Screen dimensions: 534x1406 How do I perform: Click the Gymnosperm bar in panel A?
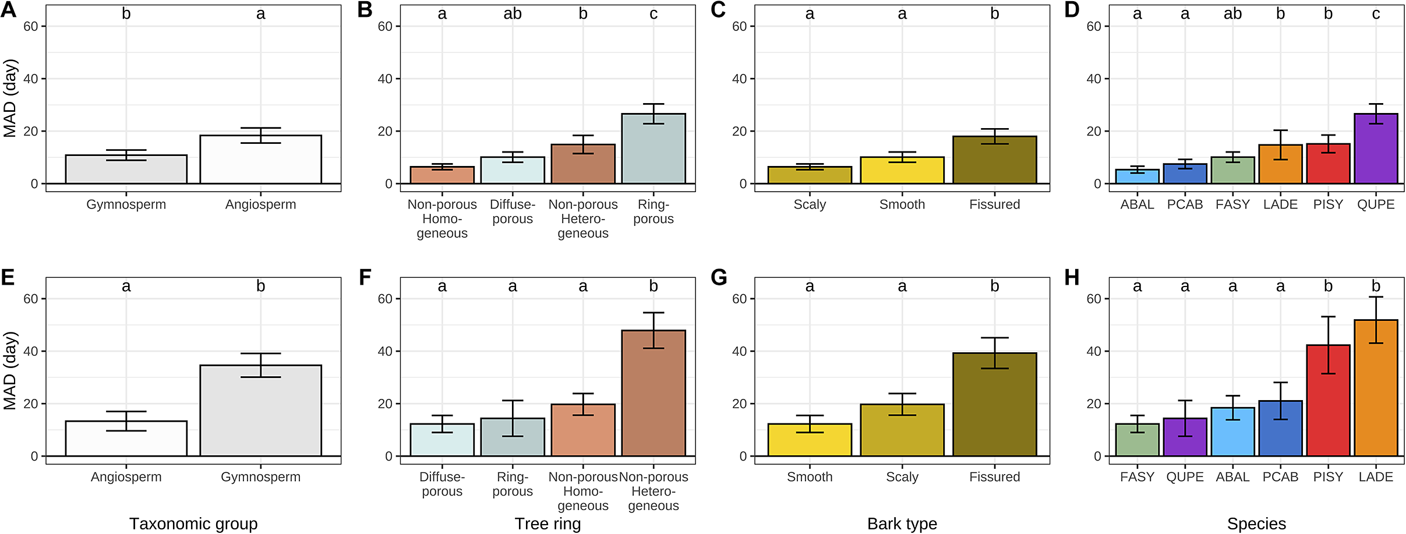coord(126,169)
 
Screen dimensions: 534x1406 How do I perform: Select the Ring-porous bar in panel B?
coord(653,149)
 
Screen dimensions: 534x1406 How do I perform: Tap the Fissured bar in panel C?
coord(994,160)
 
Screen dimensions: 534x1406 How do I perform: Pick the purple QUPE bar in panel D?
coord(1376,149)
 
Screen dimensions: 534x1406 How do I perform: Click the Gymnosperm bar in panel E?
coord(260,411)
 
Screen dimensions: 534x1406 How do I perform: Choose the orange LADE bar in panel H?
coord(1376,388)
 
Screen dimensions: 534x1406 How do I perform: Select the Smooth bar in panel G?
coord(810,440)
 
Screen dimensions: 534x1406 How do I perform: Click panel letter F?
coord(365,277)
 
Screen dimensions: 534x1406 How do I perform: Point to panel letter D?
coord(1072,10)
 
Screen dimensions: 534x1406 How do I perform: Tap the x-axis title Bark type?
coord(902,524)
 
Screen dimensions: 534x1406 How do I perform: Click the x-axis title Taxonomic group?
coord(193,524)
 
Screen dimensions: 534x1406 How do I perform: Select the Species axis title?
coord(1256,524)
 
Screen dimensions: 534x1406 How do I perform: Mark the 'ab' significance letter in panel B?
coord(513,14)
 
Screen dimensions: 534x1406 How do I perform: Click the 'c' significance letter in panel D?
coord(1376,14)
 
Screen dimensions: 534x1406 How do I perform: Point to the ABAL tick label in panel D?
coord(1137,204)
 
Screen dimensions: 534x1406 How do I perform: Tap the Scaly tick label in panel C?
coord(810,204)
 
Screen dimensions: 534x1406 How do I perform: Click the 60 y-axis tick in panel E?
coord(30,299)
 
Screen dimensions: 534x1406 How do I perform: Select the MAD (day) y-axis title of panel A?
coord(10,98)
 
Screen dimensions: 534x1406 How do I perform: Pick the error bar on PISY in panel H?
coord(1328,345)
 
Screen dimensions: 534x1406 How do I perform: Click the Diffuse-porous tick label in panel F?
coord(442,484)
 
